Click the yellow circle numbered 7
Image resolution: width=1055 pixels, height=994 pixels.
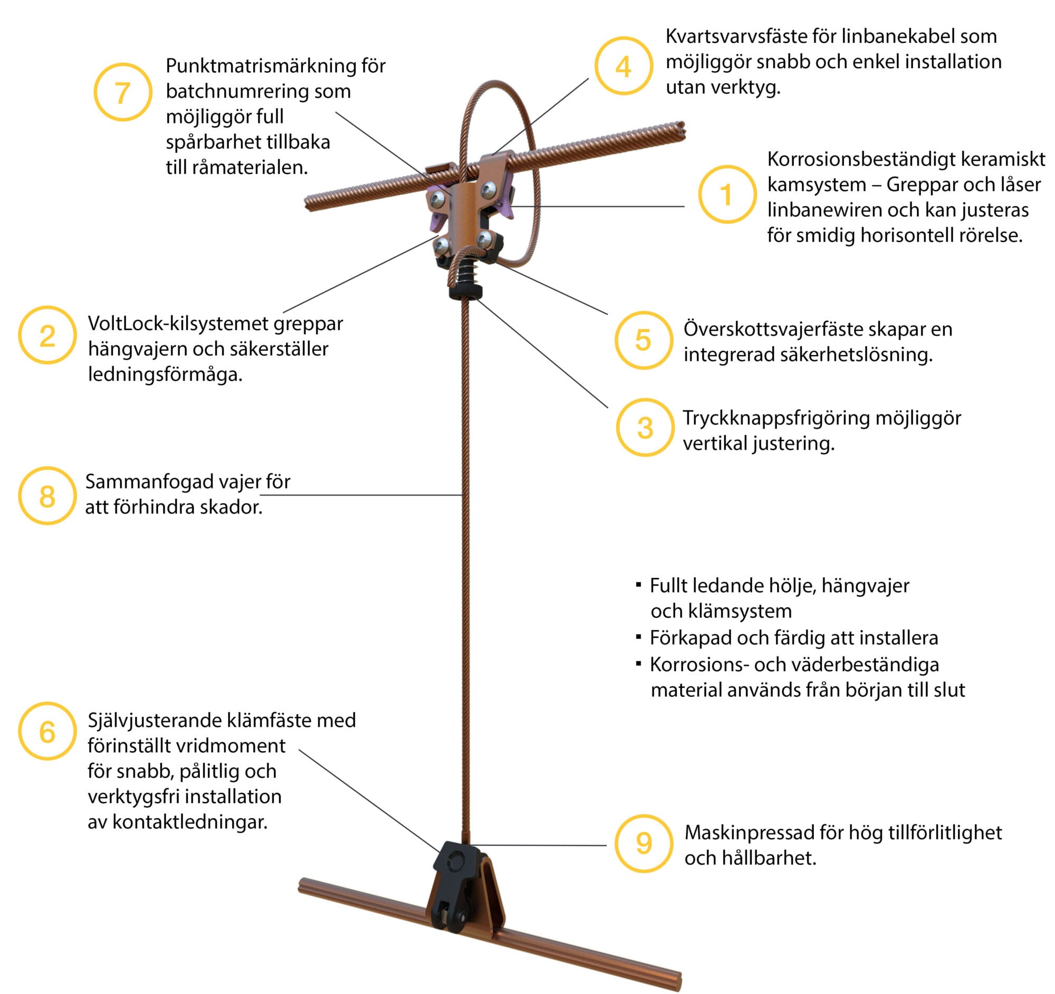coord(122,92)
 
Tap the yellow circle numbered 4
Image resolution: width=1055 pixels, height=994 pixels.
coord(624,66)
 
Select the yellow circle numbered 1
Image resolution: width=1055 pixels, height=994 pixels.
coord(727,194)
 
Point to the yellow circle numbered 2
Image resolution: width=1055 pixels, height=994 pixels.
coord(48,335)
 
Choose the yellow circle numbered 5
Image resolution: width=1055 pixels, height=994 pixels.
coord(644,340)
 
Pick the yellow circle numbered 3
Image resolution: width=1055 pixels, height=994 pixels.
coord(645,428)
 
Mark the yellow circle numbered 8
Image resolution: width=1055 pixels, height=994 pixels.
coord(48,495)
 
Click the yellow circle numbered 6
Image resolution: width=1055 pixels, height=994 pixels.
coord(48,731)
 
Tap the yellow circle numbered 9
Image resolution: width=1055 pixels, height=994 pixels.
coord(644,843)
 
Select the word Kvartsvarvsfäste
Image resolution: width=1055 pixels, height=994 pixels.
coord(736,36)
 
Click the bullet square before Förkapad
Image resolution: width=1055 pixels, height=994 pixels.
coord(638,636)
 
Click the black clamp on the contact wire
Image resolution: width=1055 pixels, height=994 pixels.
coord(455,892)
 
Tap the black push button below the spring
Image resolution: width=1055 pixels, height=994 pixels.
coord(465,291)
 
